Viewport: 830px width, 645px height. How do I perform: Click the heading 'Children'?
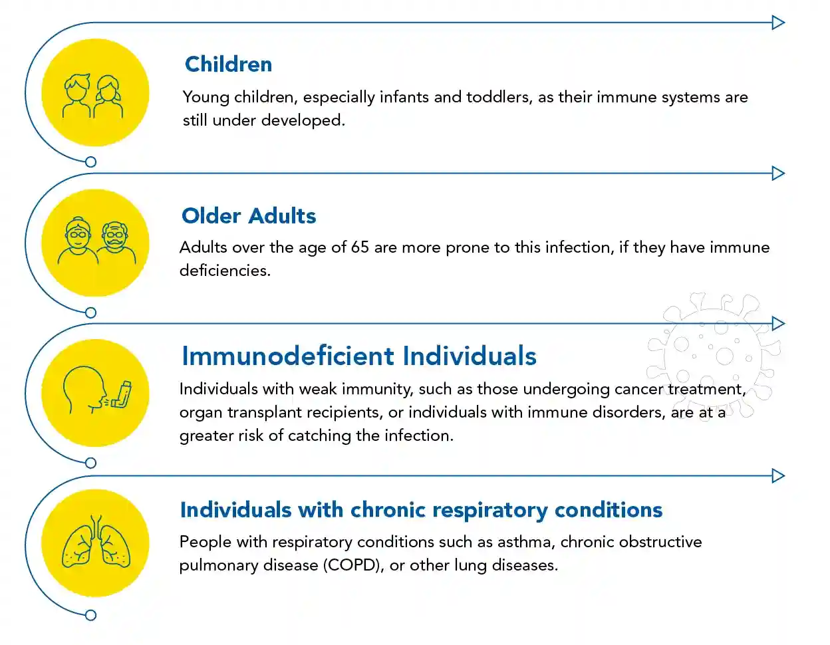tap(228, 64)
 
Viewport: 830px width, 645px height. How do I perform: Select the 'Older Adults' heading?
tap(249, 216)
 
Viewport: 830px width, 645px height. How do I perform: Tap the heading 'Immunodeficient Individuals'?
tap(358, 356)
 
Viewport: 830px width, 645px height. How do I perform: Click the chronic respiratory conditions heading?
tap(421, 510)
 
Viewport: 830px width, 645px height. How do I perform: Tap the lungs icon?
tap(96, 544)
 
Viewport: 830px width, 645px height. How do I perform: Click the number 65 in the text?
tap(360, 247)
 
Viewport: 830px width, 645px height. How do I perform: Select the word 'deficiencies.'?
tap(225, 271)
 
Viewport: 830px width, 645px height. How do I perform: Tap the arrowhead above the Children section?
tap(777, 23)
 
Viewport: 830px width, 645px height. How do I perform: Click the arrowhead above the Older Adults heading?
tap(777, 174)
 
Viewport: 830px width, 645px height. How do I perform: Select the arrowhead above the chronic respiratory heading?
tap(777, 476)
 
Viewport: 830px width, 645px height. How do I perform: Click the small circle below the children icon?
tap(91, 162)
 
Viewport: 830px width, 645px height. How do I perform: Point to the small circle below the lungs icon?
tap(91, 615)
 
